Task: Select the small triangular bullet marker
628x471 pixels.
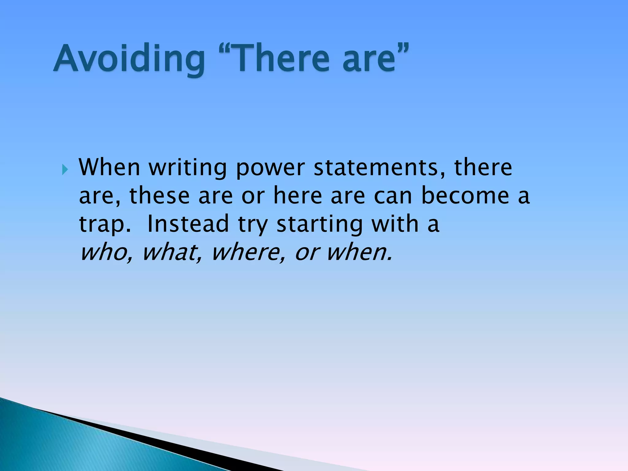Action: coord(65,169)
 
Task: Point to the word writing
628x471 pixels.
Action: coord(188,168)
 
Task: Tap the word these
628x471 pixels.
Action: coord(159,196)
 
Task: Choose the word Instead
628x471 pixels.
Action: coord(188,224)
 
